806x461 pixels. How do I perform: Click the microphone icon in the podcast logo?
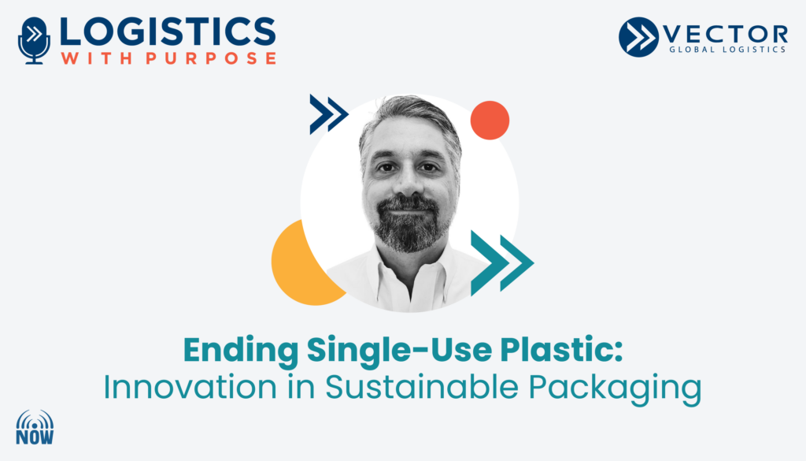[x=34, y=41]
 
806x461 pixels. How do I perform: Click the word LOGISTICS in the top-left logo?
[x=168, y=32]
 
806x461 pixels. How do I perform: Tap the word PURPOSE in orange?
[x=211, y=58]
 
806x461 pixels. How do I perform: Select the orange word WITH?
[x=98, y=58]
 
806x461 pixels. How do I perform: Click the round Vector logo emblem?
[x=638, y=37]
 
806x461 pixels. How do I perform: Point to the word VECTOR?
[x=726, y=35]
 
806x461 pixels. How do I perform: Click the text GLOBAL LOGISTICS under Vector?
[x=727, y=50]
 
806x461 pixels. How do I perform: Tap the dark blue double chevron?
[x=329, y=114]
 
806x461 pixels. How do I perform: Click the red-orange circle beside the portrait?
[x=490, y=121]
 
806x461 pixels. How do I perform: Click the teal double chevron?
[x=502, y=263]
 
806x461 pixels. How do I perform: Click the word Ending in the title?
[x=241, y=351]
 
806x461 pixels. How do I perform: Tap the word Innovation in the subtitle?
[x=190, y=387]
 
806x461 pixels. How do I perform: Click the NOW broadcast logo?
[x=35, y=427]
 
